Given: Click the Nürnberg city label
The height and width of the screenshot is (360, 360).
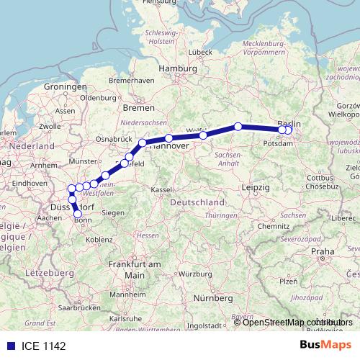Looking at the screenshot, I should (x=214, y=297).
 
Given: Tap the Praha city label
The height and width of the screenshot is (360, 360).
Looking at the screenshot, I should (x=323, y=251).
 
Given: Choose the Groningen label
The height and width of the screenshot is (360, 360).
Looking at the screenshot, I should (x=69, y=86).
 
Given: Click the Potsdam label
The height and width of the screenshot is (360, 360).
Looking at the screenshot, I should (x=279, y=143).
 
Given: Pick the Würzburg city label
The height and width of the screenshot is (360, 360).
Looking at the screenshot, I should (x=175, y=274).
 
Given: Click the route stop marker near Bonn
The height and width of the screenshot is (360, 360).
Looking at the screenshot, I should (x=78, y=213).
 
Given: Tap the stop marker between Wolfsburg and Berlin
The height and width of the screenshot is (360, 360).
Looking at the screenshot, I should (x=238, y=127).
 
